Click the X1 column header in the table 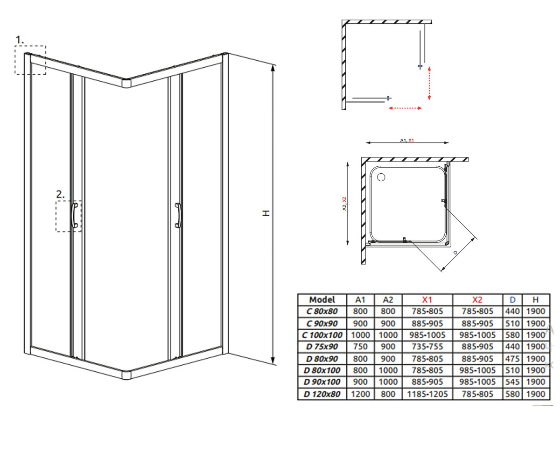427,299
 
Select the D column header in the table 512,299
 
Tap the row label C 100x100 322,335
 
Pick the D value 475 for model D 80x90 512,359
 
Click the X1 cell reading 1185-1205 427,394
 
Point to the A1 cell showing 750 360,347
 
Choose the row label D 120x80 322,394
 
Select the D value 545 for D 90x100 512,382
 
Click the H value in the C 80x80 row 536,311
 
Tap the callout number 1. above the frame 20,40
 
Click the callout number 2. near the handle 60,194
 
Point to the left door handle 75,215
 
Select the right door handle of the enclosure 178,215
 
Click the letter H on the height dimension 266,213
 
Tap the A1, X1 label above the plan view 407,140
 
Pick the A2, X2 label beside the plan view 344,204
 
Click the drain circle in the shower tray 381,177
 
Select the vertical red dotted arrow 429,83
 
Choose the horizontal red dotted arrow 405,108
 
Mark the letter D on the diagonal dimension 455,253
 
